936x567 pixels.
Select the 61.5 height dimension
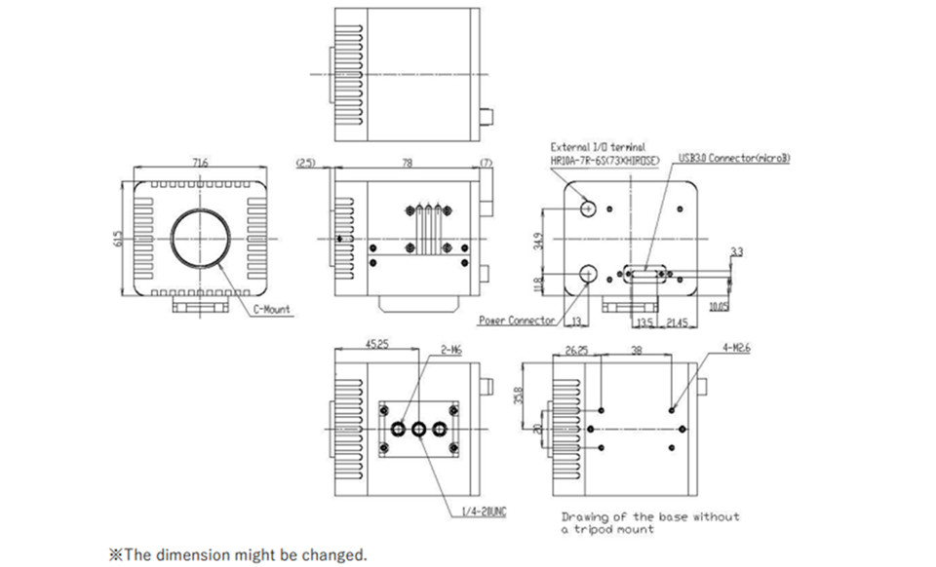[x=118, y=240]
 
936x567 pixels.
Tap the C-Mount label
[x=272, y=310]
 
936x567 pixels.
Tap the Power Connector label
[x=517, y=321]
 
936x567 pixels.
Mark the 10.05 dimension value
[x=721, y=306]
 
